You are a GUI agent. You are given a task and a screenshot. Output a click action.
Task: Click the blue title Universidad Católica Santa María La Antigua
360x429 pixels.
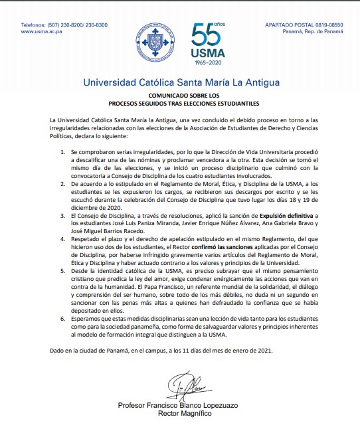coord(179,83)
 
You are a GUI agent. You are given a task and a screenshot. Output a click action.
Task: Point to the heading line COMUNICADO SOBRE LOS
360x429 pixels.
coord(179,96)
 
